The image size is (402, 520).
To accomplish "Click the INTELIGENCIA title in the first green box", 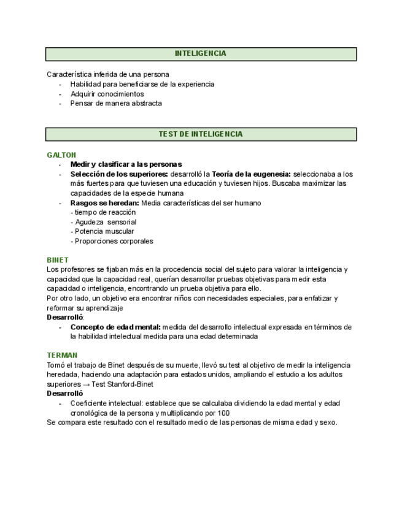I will [201, 54].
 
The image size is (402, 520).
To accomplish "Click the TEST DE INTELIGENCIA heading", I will [201, 134].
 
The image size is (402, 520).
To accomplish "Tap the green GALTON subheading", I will [61, 155].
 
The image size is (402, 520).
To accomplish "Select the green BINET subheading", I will [58, 260].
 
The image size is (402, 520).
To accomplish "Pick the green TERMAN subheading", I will [62, 356].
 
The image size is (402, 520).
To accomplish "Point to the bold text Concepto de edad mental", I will [115, 327].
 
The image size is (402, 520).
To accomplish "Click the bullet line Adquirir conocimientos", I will [107, 94].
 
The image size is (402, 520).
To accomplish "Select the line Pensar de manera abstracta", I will [116, 104].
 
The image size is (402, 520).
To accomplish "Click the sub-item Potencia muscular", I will [102, 232].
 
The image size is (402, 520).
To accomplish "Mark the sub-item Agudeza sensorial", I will [103, 222].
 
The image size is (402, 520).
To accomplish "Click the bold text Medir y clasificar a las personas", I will [126, 164].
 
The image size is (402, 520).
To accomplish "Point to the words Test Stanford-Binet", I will [123, 384].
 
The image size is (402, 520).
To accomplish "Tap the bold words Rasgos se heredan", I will [104, 203].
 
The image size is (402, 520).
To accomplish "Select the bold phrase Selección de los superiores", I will [119, 174].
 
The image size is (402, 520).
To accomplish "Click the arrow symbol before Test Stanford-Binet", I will [86, 384].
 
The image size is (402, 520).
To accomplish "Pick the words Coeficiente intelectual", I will [104, 403].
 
